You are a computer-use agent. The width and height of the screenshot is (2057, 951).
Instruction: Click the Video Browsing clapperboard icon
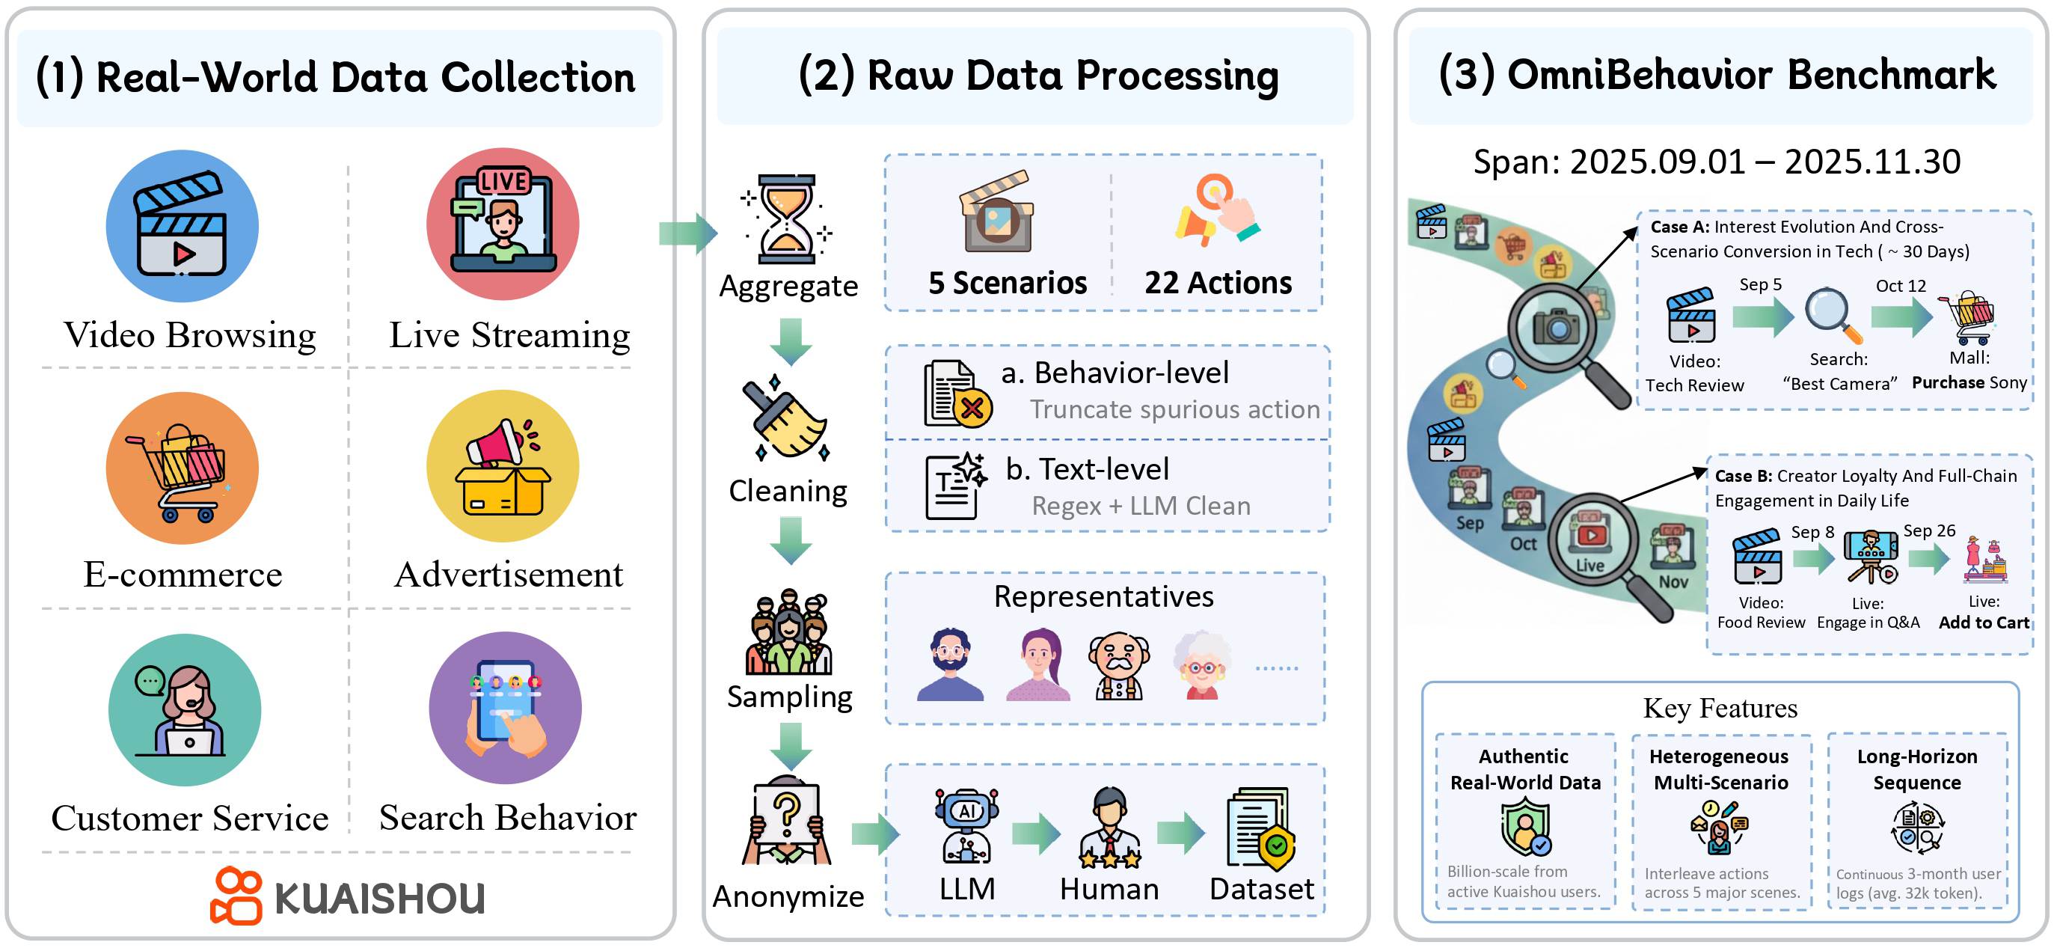pos(182,226)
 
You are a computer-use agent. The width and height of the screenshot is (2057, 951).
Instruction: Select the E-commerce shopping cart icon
pos(182,468)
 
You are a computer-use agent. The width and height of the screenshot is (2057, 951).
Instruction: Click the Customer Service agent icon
pos(185,710)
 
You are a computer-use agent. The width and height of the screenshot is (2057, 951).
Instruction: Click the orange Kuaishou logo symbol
pos(236,896)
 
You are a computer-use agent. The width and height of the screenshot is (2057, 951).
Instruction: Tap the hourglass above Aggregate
pos(787,218)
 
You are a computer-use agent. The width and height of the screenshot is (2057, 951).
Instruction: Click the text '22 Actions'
pos(1217,283)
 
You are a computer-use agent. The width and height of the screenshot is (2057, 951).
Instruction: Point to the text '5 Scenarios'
pos(1007,283)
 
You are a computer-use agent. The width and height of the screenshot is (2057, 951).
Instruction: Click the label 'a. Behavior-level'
pos(1115,373)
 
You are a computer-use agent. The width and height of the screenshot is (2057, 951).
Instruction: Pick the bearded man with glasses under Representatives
pos(949,664)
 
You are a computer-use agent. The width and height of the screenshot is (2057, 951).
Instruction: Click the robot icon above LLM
pos(966,825)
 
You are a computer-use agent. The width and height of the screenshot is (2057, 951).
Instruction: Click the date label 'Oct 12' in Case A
pos(1900,286)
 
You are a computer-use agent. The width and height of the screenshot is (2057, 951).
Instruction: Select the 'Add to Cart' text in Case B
pos(1983,623)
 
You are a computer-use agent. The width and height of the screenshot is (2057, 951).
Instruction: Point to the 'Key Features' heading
pos(1719,709)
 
